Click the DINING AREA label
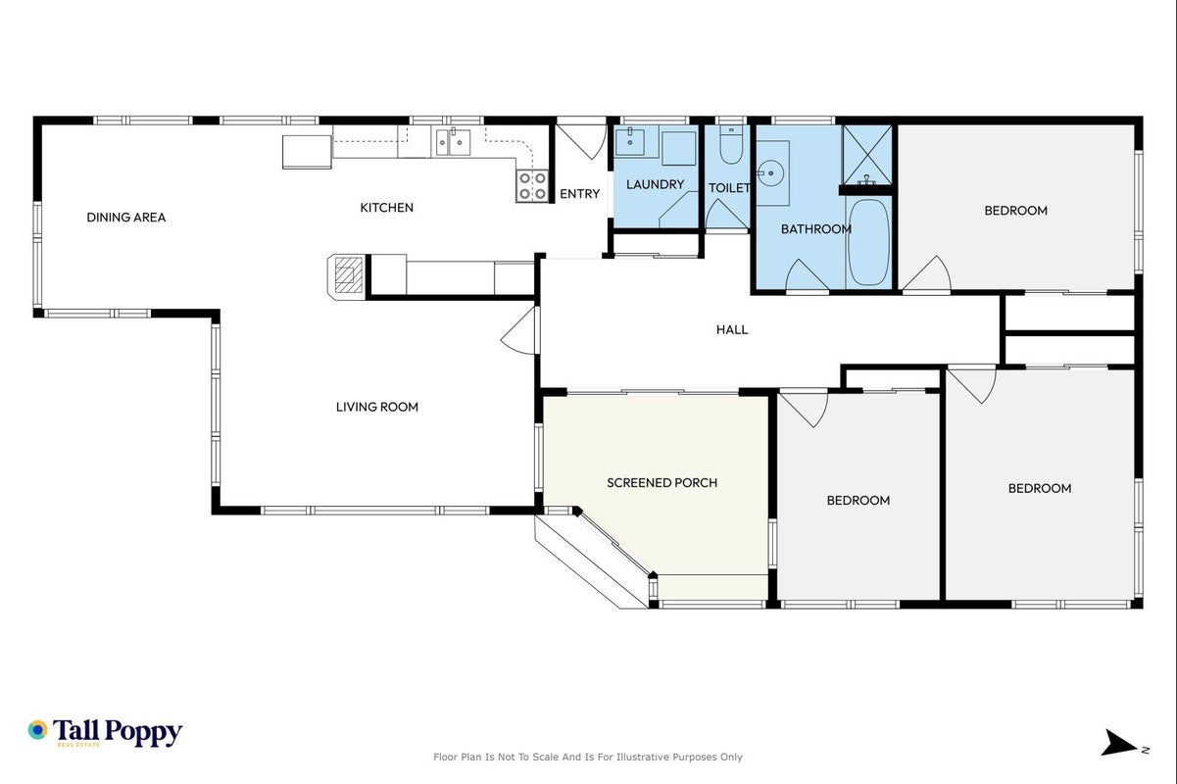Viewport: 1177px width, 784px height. tap(126, 217)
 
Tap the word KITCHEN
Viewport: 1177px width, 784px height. tap(387, 208)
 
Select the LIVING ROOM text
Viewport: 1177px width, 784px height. tap(377, 407)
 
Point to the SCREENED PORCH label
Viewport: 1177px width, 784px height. tap(662, 482)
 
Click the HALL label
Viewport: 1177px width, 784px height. tap(732, 329)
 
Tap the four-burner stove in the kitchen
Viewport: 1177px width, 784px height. tap(532, 186)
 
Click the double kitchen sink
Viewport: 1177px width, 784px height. tap(453, 142)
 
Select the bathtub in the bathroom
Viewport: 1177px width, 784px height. tap(868, 242)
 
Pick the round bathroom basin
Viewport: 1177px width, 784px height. tap(771, 172)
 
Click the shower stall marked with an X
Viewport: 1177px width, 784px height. tap(867, 154)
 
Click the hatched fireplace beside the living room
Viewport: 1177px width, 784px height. tap(348, 275)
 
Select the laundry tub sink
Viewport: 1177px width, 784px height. tap(629, 141)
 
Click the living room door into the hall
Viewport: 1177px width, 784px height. tap(520, 330)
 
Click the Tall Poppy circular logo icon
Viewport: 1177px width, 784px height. tap(38, 730)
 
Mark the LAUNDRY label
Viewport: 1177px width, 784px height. tap(656, 184)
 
